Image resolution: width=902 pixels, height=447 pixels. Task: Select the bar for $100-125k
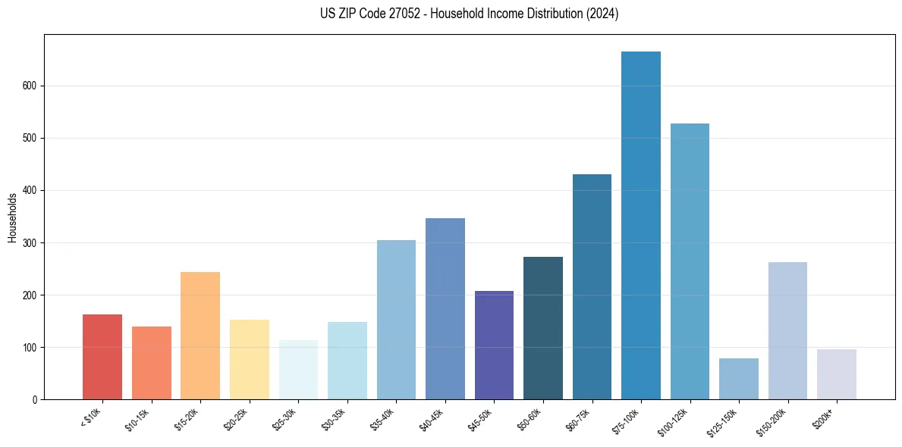(x=690, y=261)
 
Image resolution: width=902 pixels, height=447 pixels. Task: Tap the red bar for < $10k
(x=102, y=357)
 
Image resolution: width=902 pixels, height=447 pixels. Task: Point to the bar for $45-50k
(x=494, y=345)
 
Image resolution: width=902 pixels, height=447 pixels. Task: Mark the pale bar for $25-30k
(x=298, y=370)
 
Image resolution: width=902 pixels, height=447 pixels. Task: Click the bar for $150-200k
(x=787, y=330)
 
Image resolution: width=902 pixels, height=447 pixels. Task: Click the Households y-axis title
(x=12, y=217)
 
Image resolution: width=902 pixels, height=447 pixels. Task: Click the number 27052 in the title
(x=413, y=14)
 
